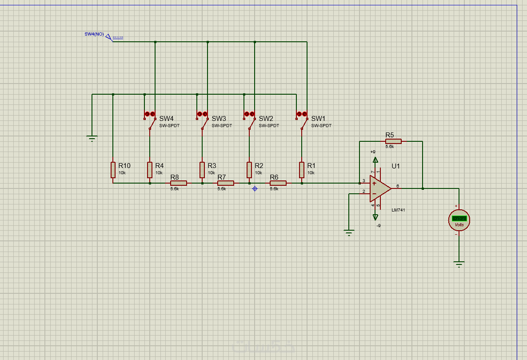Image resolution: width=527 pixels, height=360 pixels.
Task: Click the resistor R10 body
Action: click(x=113, y=170)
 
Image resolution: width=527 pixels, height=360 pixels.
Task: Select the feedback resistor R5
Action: click(x=393, y=141)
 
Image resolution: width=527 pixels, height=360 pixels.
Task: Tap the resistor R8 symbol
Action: click(x=179, y=183)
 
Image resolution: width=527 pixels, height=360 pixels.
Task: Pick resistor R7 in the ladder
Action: click(x=226, y=183)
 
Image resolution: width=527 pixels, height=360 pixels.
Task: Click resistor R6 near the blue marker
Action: click(x=278, y=183)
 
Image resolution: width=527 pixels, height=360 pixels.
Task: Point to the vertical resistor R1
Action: click(x=302, y=170)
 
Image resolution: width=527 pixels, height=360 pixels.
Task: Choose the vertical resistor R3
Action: click(x=202, y=170)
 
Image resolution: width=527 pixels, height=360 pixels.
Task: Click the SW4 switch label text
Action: click(x=167, y=119)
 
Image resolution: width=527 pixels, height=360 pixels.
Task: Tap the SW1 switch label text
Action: click(x=318, y=119)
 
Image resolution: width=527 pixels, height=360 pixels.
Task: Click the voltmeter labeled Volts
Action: click(x=459, y=219)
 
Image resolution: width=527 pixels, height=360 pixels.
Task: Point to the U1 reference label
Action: click(x=395, y=166)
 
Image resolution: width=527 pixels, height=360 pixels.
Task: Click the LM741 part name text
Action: click(x=398, y=210)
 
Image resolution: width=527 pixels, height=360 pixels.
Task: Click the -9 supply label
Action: click(x=378, y=225)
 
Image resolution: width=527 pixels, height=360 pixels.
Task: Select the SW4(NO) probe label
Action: click(x=94, y=34)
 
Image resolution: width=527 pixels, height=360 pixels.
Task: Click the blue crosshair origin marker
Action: click(x=255, y=189)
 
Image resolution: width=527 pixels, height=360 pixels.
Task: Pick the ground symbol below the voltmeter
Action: click(x=459, y=264)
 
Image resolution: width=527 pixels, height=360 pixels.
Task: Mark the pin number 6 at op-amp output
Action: click(x=397, y=186)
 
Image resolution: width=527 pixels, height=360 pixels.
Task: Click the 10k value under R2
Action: click(x=259, y=172)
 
